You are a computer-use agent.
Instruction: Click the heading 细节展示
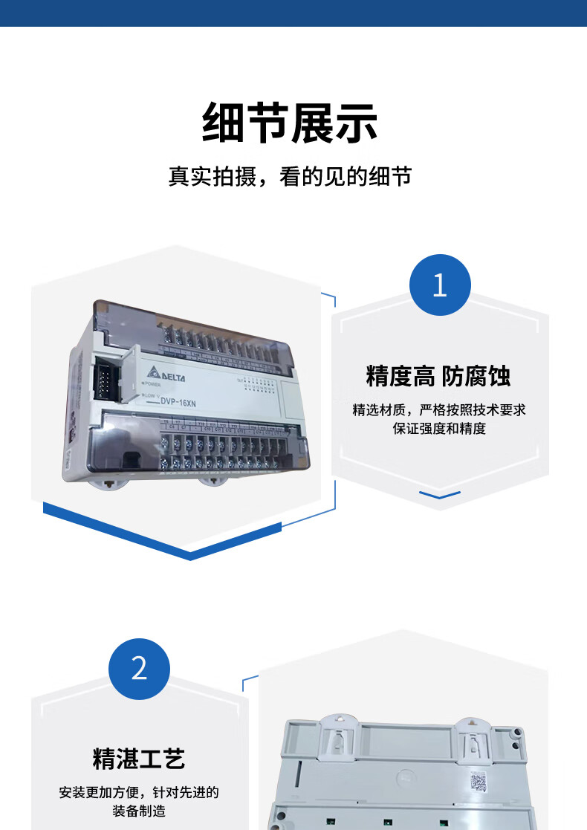[290, 123]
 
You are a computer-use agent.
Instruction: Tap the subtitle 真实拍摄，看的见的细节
[290, 177]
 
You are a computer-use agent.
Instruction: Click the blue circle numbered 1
[440, 285]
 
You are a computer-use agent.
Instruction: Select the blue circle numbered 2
[139, 669]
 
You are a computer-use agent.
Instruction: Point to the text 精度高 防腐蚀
[438, 376]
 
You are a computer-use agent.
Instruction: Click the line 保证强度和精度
[439, 429]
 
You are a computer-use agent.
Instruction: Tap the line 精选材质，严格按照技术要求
[439, 409]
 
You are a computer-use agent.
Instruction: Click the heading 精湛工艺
[139, 759]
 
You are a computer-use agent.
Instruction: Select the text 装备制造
[139, 811]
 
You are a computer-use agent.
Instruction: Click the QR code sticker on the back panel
[479, 782]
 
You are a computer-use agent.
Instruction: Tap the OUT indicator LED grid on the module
[256, 384]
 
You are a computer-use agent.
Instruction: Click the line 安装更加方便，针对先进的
[139, 792]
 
